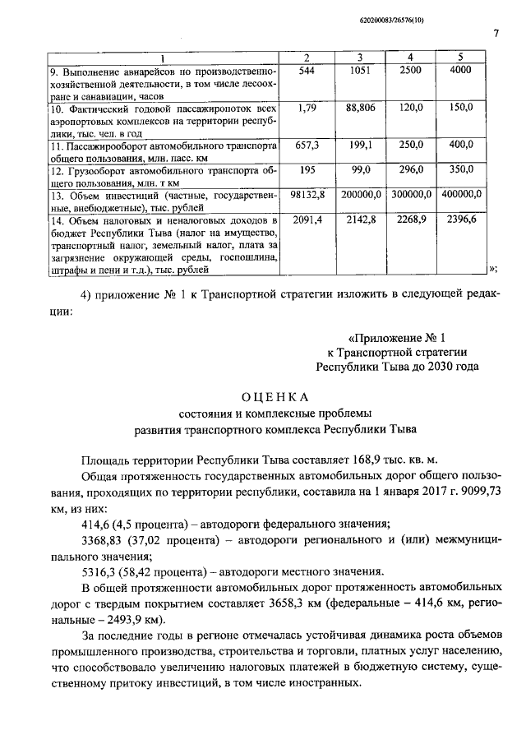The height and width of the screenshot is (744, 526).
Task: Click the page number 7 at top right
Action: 496,34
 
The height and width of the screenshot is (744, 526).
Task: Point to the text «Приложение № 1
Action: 397,337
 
